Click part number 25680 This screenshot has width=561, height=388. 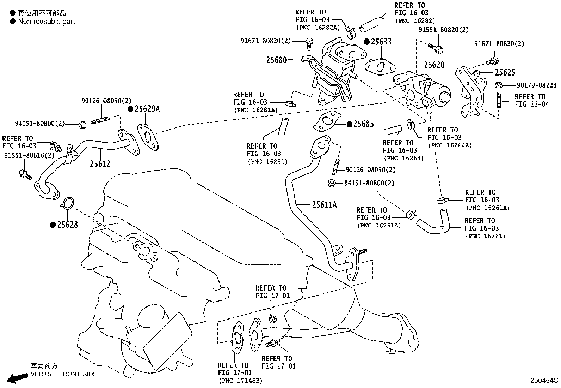tap(276, 60)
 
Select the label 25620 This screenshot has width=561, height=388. tap(434, 65)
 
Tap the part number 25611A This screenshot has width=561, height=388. tap(324, 204)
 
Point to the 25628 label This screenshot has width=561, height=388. tap(68, 225)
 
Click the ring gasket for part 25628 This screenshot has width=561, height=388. tap(68, 203)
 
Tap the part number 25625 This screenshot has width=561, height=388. tap(505, 72)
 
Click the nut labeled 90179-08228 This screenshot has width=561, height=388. tap(499, 85)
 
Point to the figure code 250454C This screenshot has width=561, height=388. tap(544, 381)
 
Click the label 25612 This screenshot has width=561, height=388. tap(100, 163)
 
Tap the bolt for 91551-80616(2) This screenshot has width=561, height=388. tap(25, 173)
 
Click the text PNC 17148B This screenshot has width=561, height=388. tap(240, 380)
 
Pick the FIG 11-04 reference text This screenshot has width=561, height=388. tap(532, 104)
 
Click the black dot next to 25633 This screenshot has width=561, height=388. tap(366, 42)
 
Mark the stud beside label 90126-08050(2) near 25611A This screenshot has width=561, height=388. tap(336, 167)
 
